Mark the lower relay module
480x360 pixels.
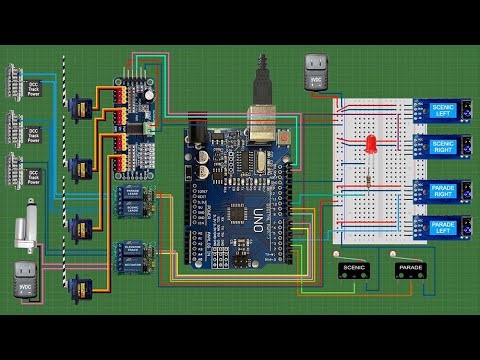133,256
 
